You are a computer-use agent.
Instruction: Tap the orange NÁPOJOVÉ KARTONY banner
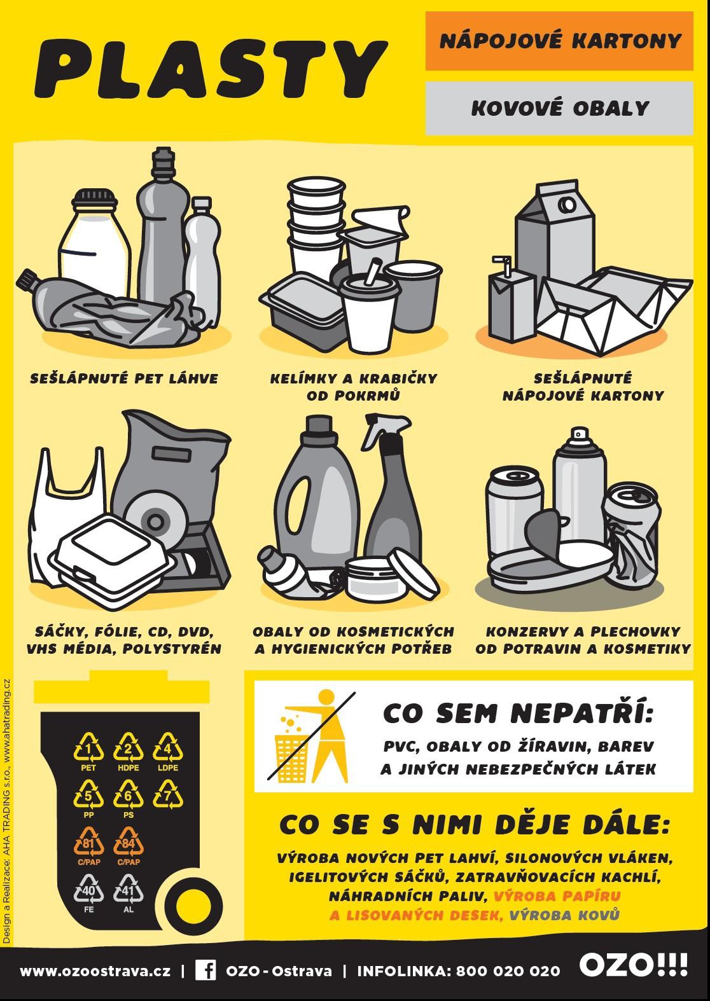[x=559, y=41]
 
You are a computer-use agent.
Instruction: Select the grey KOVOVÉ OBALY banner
[x=559, y=108]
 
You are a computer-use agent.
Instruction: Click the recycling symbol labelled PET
[x=88, y=747]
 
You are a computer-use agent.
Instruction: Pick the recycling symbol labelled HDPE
[x=129, y=747]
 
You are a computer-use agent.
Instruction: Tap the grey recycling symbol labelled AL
[x=129, y=889]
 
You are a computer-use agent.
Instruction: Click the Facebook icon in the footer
[x=205, y=970]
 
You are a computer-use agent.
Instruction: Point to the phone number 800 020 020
[x=508, y=971]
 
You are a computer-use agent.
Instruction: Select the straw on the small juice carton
[x=503, y=266]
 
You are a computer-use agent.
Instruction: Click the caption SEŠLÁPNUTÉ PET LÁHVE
[x=124, y=379]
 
